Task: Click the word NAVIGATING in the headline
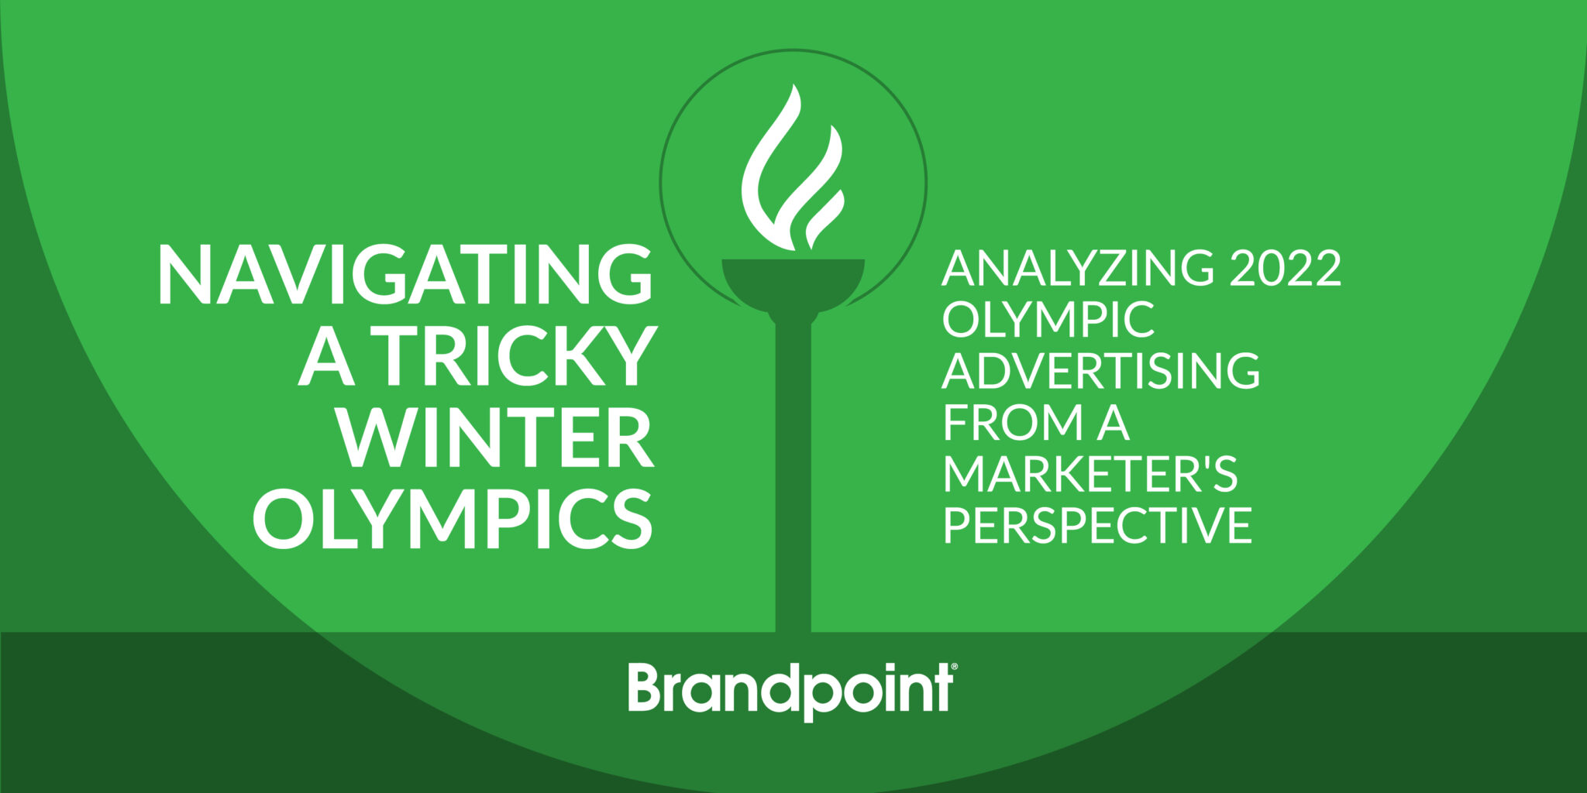pos(404,274)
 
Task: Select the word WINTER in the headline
pos(497,438)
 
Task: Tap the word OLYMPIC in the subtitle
pos(1048,319)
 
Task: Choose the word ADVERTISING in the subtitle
pos(1100,370)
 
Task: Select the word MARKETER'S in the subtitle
pos(1090,473)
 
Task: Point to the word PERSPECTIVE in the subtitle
pos(1097,525)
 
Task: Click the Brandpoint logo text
pos(790,688)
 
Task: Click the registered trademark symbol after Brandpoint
pos(954,666)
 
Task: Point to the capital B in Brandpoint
pos(645,687)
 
